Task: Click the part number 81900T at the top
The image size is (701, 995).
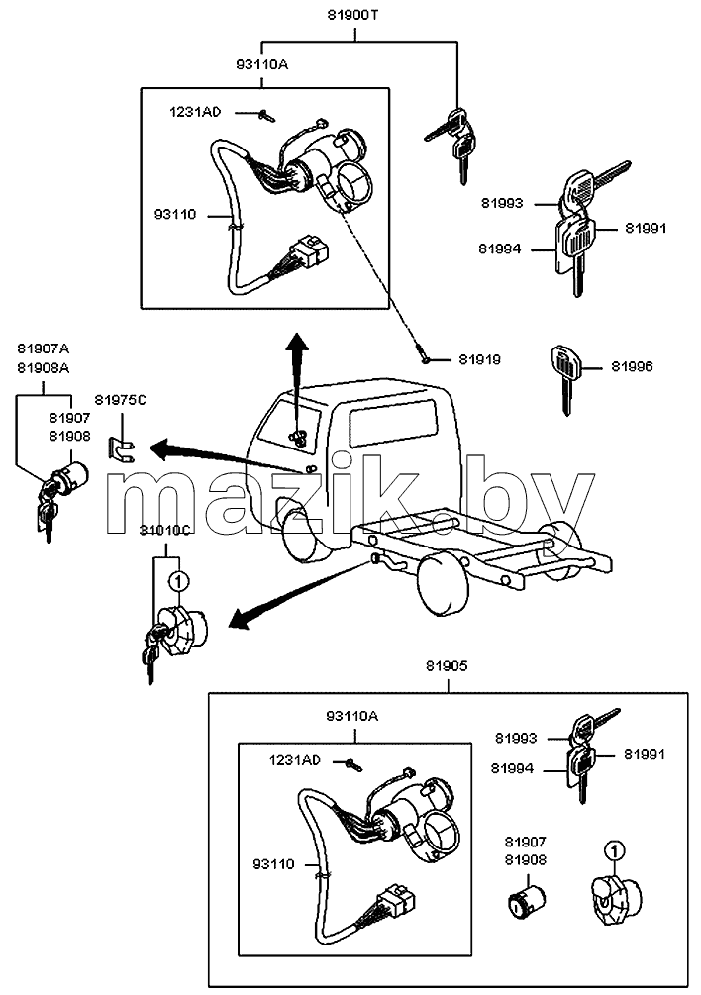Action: click(352, 15)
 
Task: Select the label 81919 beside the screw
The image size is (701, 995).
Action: click(479, 359)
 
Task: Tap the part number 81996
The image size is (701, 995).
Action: click(632, 366)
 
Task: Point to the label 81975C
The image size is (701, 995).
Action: click(120, 400)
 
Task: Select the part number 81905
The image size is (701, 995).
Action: click(447, 666)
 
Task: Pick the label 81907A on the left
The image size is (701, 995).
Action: click(44, 348)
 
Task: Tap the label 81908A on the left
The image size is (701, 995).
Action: click(44, 368)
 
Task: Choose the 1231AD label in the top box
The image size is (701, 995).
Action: click(195, 112)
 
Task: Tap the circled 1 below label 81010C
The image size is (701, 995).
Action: click(178, 579)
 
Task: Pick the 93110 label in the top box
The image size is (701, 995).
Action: click(175, 215)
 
